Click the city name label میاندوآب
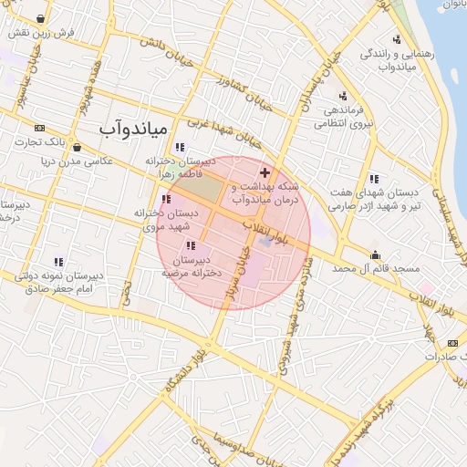(x=131, y=129)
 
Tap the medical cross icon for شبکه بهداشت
(x=265, y=172)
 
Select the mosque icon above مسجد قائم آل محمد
(x=375, y=254)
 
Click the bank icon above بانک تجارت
(x=39, y=128)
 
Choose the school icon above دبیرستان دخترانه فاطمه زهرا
(x=180, y=147)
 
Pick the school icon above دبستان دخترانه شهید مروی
(x=165, y=199)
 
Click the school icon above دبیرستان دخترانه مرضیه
(x=190, y=245)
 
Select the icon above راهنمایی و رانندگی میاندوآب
(x=397, y=39)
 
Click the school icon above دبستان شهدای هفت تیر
(x=374, y=179)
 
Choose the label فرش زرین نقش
(x=36, y=32)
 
